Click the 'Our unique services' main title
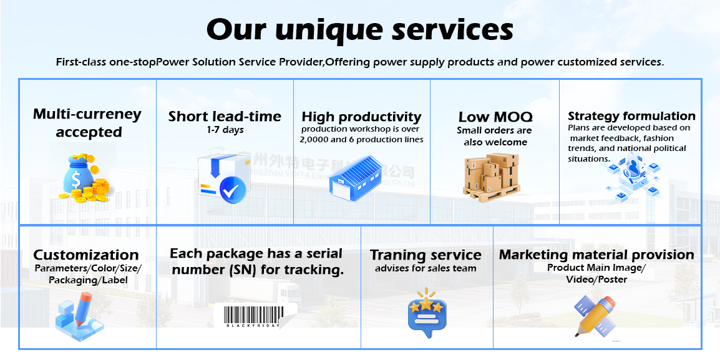(359, 29)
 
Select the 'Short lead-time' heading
(225, 116)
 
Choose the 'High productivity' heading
(361, 117)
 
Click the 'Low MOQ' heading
(495, 117)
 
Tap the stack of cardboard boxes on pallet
(491, 176)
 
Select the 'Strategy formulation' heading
(631, 116)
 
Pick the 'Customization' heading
(86, 255)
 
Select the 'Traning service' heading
(426, 255)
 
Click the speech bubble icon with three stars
(426, 312)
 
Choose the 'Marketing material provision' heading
(596, 255)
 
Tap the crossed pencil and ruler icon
(595, 316)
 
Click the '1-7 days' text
(225, 130)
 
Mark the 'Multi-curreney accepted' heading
(87, 123)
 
